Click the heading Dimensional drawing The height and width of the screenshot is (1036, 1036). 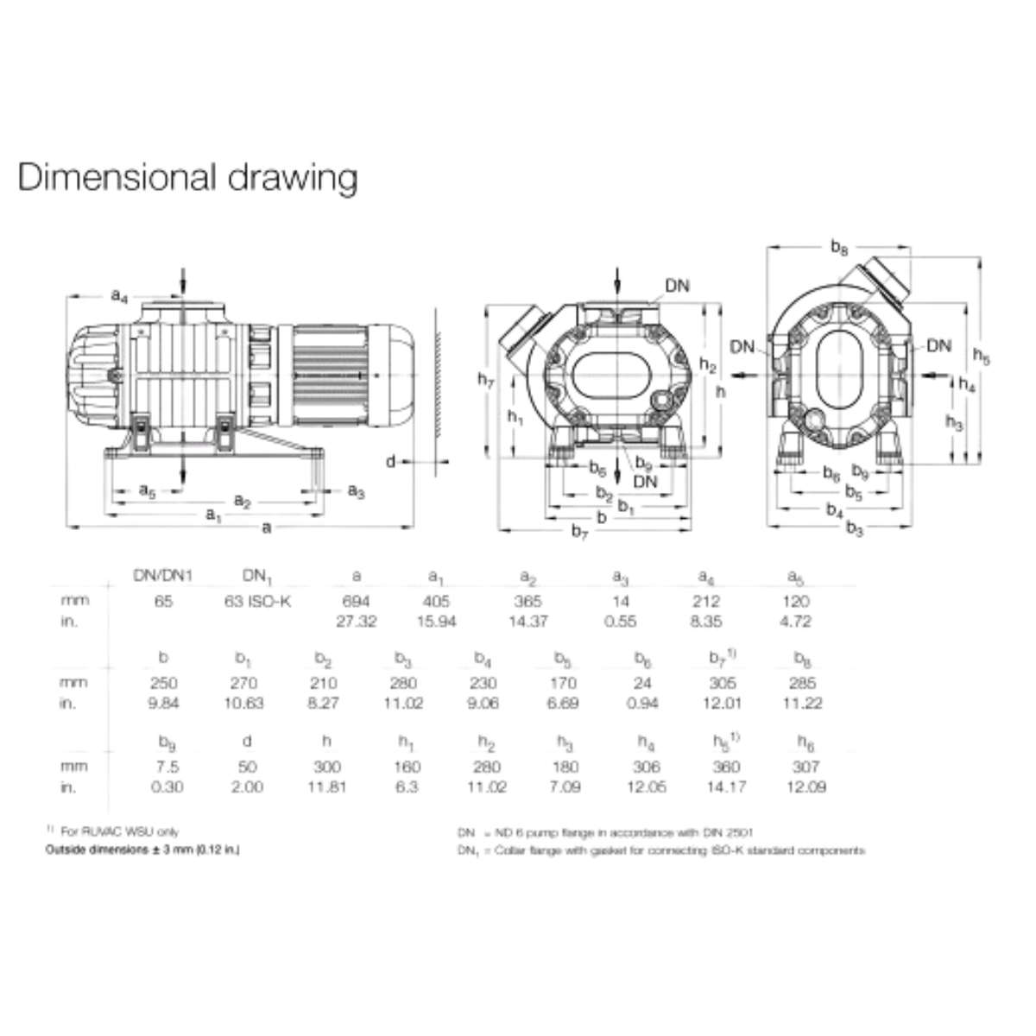187,177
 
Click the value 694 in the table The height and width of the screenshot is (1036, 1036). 356,601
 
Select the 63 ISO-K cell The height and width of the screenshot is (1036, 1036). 258,601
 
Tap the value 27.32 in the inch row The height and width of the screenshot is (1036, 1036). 356,622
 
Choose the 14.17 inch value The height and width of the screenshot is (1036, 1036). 723,786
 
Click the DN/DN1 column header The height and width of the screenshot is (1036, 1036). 163,576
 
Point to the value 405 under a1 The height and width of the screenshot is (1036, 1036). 436,601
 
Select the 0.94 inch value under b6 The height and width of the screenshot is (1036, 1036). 641,704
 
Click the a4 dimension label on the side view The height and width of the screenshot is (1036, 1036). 119,296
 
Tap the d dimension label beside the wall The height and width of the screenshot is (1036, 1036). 390,462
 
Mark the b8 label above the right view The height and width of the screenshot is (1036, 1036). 839,248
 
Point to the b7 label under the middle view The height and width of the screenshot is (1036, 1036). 580,534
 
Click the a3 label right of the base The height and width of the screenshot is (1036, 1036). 356,490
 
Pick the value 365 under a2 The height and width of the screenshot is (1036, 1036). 527,601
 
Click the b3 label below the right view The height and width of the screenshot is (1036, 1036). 854,528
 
